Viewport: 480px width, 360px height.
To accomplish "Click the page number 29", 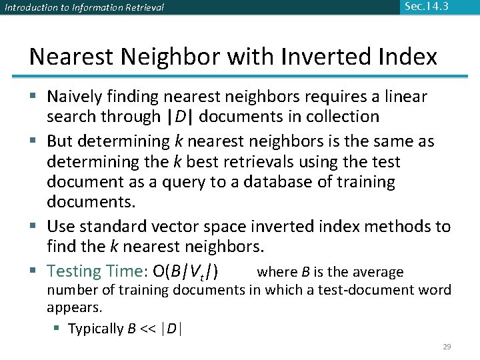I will click(x=447, y=347).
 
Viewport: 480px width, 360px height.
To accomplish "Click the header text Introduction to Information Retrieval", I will click(x=84, y=8).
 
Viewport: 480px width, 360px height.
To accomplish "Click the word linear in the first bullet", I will click(x=405, y=97).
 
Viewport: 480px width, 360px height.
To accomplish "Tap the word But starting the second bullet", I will click(x=61, y=141).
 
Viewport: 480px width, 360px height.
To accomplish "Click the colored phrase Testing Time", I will click(x=93, y=271).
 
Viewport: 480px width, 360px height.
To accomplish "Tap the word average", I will click(x=379, y=272).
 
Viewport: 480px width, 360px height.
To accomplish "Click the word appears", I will click(x=74, y=308).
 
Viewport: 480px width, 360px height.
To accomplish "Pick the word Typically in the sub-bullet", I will click(x=96, y=329).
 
